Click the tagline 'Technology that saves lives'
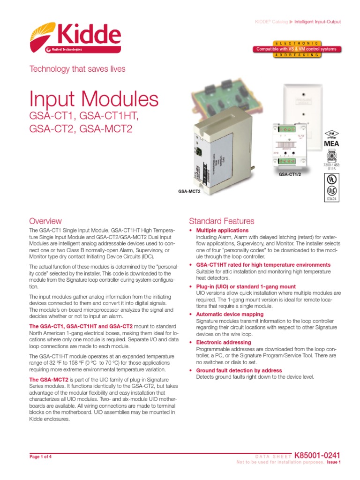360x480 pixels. point(77,69)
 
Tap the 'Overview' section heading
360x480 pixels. point(45,221)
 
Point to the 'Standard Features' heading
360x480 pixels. point(221,221)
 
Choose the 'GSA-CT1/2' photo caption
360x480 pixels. point(290,174)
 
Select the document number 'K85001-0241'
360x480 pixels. point(320,455)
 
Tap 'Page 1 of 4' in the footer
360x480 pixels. point(40,457)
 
